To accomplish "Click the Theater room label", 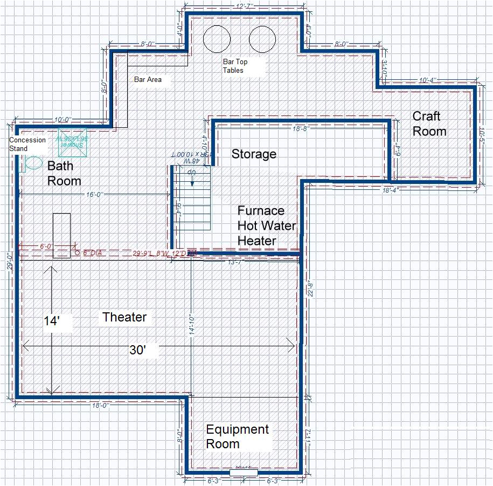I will point(124,317).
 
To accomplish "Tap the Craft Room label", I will point(429,124).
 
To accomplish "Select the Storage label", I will point(254,154).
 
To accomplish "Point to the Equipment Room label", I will point(237,436).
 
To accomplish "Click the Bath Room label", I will point(64,173).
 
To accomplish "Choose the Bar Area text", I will point(148,79).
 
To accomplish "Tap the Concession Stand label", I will point(27,144).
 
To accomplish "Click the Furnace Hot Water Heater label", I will point(267,225).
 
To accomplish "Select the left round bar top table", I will point(217,39).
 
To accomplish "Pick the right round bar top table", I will point(263,39).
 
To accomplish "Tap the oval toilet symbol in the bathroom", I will point(33,163).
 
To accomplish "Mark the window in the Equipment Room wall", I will point(244,473).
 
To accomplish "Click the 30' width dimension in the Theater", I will point(137,350).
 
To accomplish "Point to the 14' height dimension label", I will point(51,320).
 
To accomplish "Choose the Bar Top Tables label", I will point(235,66).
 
